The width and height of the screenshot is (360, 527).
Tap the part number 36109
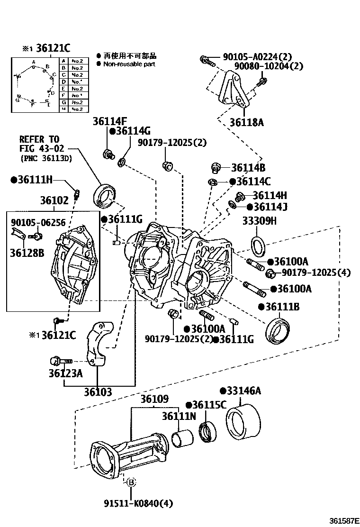click(x=154, y=400)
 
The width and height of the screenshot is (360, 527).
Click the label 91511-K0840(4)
click(x=131, y=503)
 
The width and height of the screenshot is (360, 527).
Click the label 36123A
click(x=65, y=373)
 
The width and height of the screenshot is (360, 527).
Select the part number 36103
click(x=98, y=392)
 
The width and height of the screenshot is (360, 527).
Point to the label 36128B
click(x=27, y=253)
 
